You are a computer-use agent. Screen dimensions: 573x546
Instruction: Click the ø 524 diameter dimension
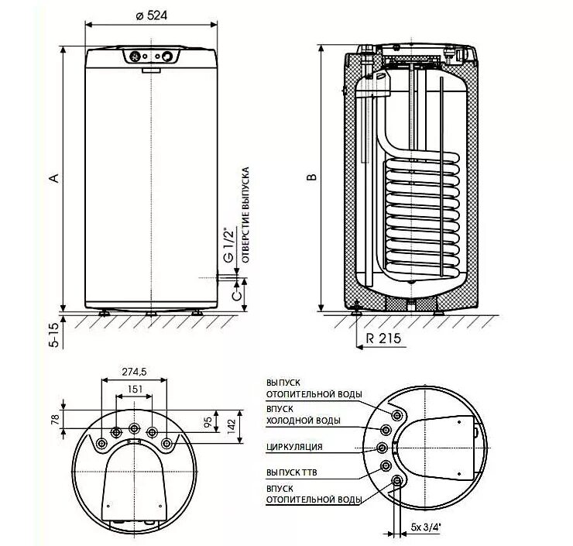tap(151, 15)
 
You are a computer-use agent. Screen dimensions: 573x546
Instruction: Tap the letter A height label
tap(54, 178)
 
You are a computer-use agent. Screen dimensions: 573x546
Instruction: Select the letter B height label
tap(311, 177)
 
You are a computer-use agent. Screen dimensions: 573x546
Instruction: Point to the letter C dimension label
tap(237, 295)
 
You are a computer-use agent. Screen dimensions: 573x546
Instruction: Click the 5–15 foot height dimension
tap(53, 335)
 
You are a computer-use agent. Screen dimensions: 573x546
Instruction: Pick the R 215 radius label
tap(383, 338)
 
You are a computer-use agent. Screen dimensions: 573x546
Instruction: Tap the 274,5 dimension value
tap(134, 372)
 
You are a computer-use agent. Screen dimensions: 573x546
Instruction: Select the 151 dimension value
tap(135, 390)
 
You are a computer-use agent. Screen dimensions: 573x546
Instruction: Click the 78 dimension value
tap(55, 419)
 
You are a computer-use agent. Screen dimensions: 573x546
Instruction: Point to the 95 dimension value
tap(208, 422)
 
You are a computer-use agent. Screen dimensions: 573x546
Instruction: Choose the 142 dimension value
tap(232, 426)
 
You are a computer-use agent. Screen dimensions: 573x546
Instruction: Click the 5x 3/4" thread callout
tap(426, 527)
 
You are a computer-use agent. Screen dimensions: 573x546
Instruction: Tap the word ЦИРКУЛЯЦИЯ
tap(294, 447)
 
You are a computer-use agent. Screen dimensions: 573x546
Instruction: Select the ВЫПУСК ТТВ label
tap(292, 472)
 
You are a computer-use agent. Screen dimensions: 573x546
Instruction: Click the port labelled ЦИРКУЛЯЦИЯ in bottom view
tap(383, 448)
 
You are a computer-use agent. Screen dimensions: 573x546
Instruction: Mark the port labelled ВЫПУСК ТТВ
tap(386, 466)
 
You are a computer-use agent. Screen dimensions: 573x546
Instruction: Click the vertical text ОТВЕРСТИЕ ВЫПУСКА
tap(245, 215)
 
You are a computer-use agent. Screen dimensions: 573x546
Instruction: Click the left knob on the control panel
tap(135, 57)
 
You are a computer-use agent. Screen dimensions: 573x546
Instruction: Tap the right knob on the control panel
tap(167, 57)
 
